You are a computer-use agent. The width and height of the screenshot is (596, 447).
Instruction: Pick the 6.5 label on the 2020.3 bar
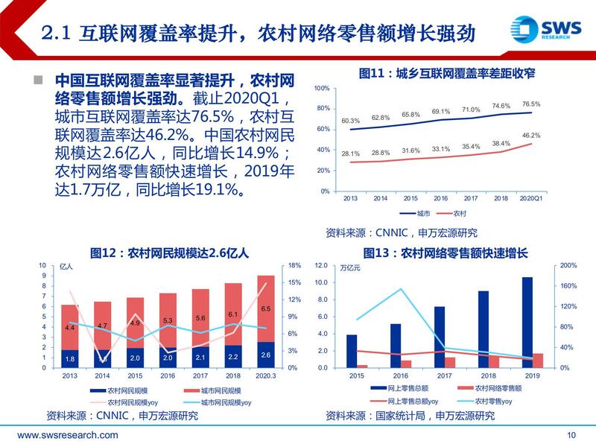coord(265,308)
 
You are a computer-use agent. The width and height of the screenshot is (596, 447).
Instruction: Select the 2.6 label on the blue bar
coord(265,355)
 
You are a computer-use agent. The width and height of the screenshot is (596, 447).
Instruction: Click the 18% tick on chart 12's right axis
coord(294,265)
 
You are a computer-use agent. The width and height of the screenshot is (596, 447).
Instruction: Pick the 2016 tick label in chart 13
coord(396,376)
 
